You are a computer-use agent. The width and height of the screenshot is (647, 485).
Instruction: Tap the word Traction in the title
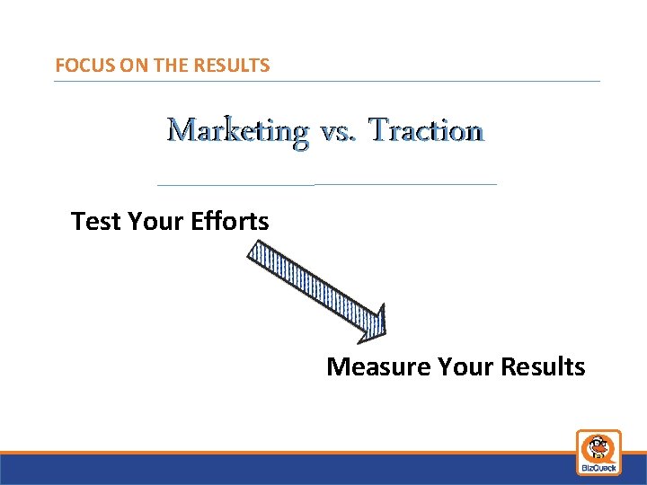[x=427, y=131]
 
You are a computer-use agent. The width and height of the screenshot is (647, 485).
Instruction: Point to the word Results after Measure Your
[x=543, y=366]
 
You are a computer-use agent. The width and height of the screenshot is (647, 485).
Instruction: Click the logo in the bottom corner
[x=598, y=452]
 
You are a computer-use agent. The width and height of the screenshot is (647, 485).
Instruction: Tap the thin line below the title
[x=326, y=184]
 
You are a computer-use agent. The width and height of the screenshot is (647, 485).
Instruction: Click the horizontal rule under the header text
[x=326, y=82]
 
